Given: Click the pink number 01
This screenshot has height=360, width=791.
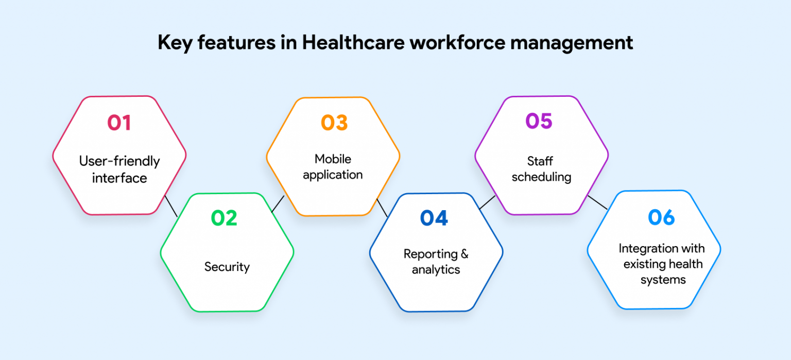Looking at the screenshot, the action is pyautogui.click(x=119, y=123).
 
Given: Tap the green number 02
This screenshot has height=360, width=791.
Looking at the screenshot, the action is pyautogui.click(x=224, y=218).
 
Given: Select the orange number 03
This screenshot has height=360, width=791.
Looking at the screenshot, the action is pyautogui.click(x=334, y=123).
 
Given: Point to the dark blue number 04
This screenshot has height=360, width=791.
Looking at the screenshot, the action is pyautogui.click(x=434, y=218).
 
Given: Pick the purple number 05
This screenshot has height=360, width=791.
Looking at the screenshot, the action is pyautogui.click(x=539, y=121).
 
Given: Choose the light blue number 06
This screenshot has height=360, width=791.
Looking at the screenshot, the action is pyautogui.click(x=661, y=217).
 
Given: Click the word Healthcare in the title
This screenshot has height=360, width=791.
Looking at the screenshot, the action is pyautogui.click(x=353, y=42).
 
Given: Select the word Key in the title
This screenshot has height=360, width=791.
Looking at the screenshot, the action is pyautogui.click(x=175, y=43).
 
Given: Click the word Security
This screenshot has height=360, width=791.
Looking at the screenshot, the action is pyautogui.click(x=227, y=267).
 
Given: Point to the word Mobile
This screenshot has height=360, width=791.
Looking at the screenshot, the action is pyautogui.click(x=333, y=159).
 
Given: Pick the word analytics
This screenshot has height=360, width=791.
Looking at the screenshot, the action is pyautogui.click(x=436, y=270).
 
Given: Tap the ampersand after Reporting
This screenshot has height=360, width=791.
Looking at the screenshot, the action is pyautogui.click(x=465, y=254).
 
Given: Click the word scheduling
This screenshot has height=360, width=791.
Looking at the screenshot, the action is pyautogui.click(x=541, y=177).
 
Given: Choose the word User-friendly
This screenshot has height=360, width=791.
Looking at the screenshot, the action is pyautogui.click(x=119, y=161).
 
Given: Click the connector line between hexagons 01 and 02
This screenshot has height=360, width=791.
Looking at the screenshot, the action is pyautogui.click(x=171, y=206).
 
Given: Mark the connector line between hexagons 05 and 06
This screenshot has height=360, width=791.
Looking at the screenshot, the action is pyautogui.click(x=597, y=202).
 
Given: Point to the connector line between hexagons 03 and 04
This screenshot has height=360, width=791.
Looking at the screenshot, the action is pyautogui.click(x=383, y=208).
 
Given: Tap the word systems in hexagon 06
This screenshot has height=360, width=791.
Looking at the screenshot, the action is pyautogui.click(x=663, y=280).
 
